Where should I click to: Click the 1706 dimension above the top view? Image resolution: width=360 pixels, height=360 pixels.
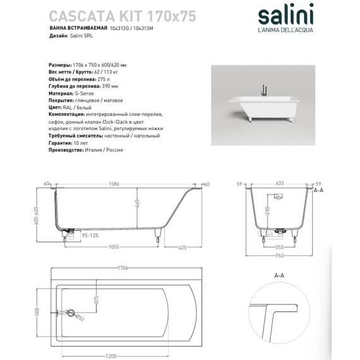(x=123, y=268)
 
